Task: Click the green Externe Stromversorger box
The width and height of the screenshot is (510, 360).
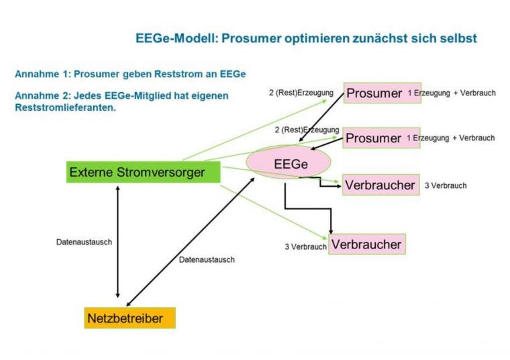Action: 143,172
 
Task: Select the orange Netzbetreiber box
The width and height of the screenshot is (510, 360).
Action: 130,318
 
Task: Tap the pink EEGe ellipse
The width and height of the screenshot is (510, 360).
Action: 289,163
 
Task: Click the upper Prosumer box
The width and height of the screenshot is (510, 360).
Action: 382,93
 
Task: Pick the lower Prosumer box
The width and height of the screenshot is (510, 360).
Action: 381,138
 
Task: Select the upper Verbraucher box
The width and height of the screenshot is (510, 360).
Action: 381,185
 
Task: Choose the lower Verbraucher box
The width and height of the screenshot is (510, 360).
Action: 367,244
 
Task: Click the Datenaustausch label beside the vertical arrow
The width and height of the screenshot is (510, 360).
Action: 84,242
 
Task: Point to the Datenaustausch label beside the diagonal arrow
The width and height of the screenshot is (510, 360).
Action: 207,260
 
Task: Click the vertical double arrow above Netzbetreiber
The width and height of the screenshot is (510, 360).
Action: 117,242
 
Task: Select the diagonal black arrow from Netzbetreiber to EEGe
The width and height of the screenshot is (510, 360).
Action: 191,242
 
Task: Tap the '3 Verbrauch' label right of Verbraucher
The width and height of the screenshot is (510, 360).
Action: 446,185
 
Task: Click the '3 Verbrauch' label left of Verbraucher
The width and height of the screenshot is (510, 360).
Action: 305,246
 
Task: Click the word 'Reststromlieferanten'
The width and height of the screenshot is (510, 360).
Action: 65,107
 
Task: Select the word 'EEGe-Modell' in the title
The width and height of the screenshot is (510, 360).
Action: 176,38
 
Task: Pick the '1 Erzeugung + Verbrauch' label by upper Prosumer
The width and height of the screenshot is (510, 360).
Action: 452,93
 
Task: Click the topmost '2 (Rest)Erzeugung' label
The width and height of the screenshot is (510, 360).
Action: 301,93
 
